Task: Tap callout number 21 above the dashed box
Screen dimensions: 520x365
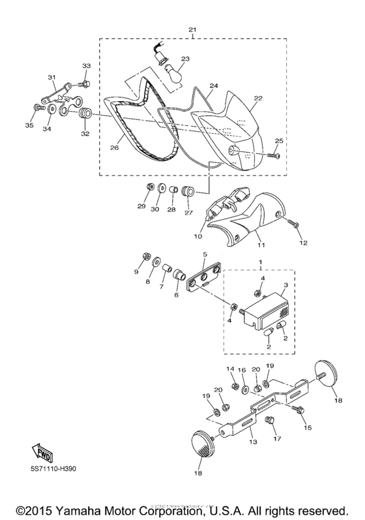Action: click(x=192, y=30)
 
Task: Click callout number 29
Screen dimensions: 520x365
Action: click(x=141, y=207)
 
